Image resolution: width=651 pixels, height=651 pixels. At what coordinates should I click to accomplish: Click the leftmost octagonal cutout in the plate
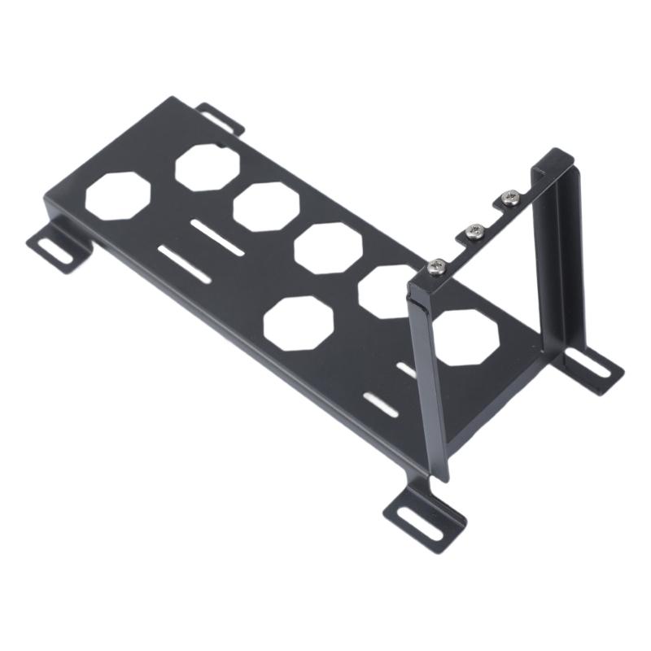(117, 195)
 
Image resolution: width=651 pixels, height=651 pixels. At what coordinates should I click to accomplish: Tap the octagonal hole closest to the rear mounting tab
(208, 167)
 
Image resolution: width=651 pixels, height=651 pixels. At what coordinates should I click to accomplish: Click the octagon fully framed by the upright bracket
(466, 335)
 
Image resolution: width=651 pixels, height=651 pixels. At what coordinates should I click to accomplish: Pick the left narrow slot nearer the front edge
(185, 265)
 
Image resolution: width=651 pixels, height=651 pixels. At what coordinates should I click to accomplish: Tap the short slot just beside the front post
(406, 369)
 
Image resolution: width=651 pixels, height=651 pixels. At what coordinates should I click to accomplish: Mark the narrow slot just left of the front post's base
(382, 404)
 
